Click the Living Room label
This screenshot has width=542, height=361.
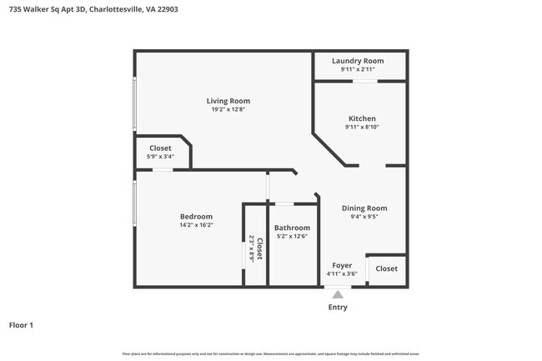[228, 101]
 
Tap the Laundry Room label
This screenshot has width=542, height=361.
[358, 61]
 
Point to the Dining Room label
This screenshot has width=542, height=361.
[364, 208]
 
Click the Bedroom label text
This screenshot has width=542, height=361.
[196, 216]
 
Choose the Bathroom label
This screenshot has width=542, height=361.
[292, 228]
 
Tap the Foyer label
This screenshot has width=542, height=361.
[341, 265]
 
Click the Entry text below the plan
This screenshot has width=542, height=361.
[338, 307]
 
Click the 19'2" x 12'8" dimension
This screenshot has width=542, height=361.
[228, 110]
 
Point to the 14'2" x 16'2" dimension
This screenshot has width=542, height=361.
[196, 225]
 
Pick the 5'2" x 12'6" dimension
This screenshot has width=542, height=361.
[292, 237]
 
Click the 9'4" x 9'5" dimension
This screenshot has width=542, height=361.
[364, 217]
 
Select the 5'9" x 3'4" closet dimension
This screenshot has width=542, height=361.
[160, 157]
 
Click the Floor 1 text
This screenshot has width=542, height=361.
[21, 324]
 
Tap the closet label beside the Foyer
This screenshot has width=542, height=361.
[386, 268]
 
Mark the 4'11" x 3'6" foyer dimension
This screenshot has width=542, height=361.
[341, 273]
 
